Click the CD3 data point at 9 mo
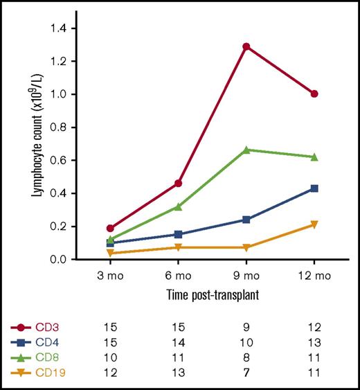[x=246, y=46]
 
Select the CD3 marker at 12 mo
[x=314, y=94]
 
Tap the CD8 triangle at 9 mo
[x=246, y=149]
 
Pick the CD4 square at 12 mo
[x=314, y=188]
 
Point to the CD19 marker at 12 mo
[x=314, y=224]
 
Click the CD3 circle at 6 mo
[x=178, y=183]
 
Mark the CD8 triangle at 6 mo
[x=178, y=206]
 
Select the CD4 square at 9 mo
[x=246, y=220]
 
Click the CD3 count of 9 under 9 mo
[x=246, y=326]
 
